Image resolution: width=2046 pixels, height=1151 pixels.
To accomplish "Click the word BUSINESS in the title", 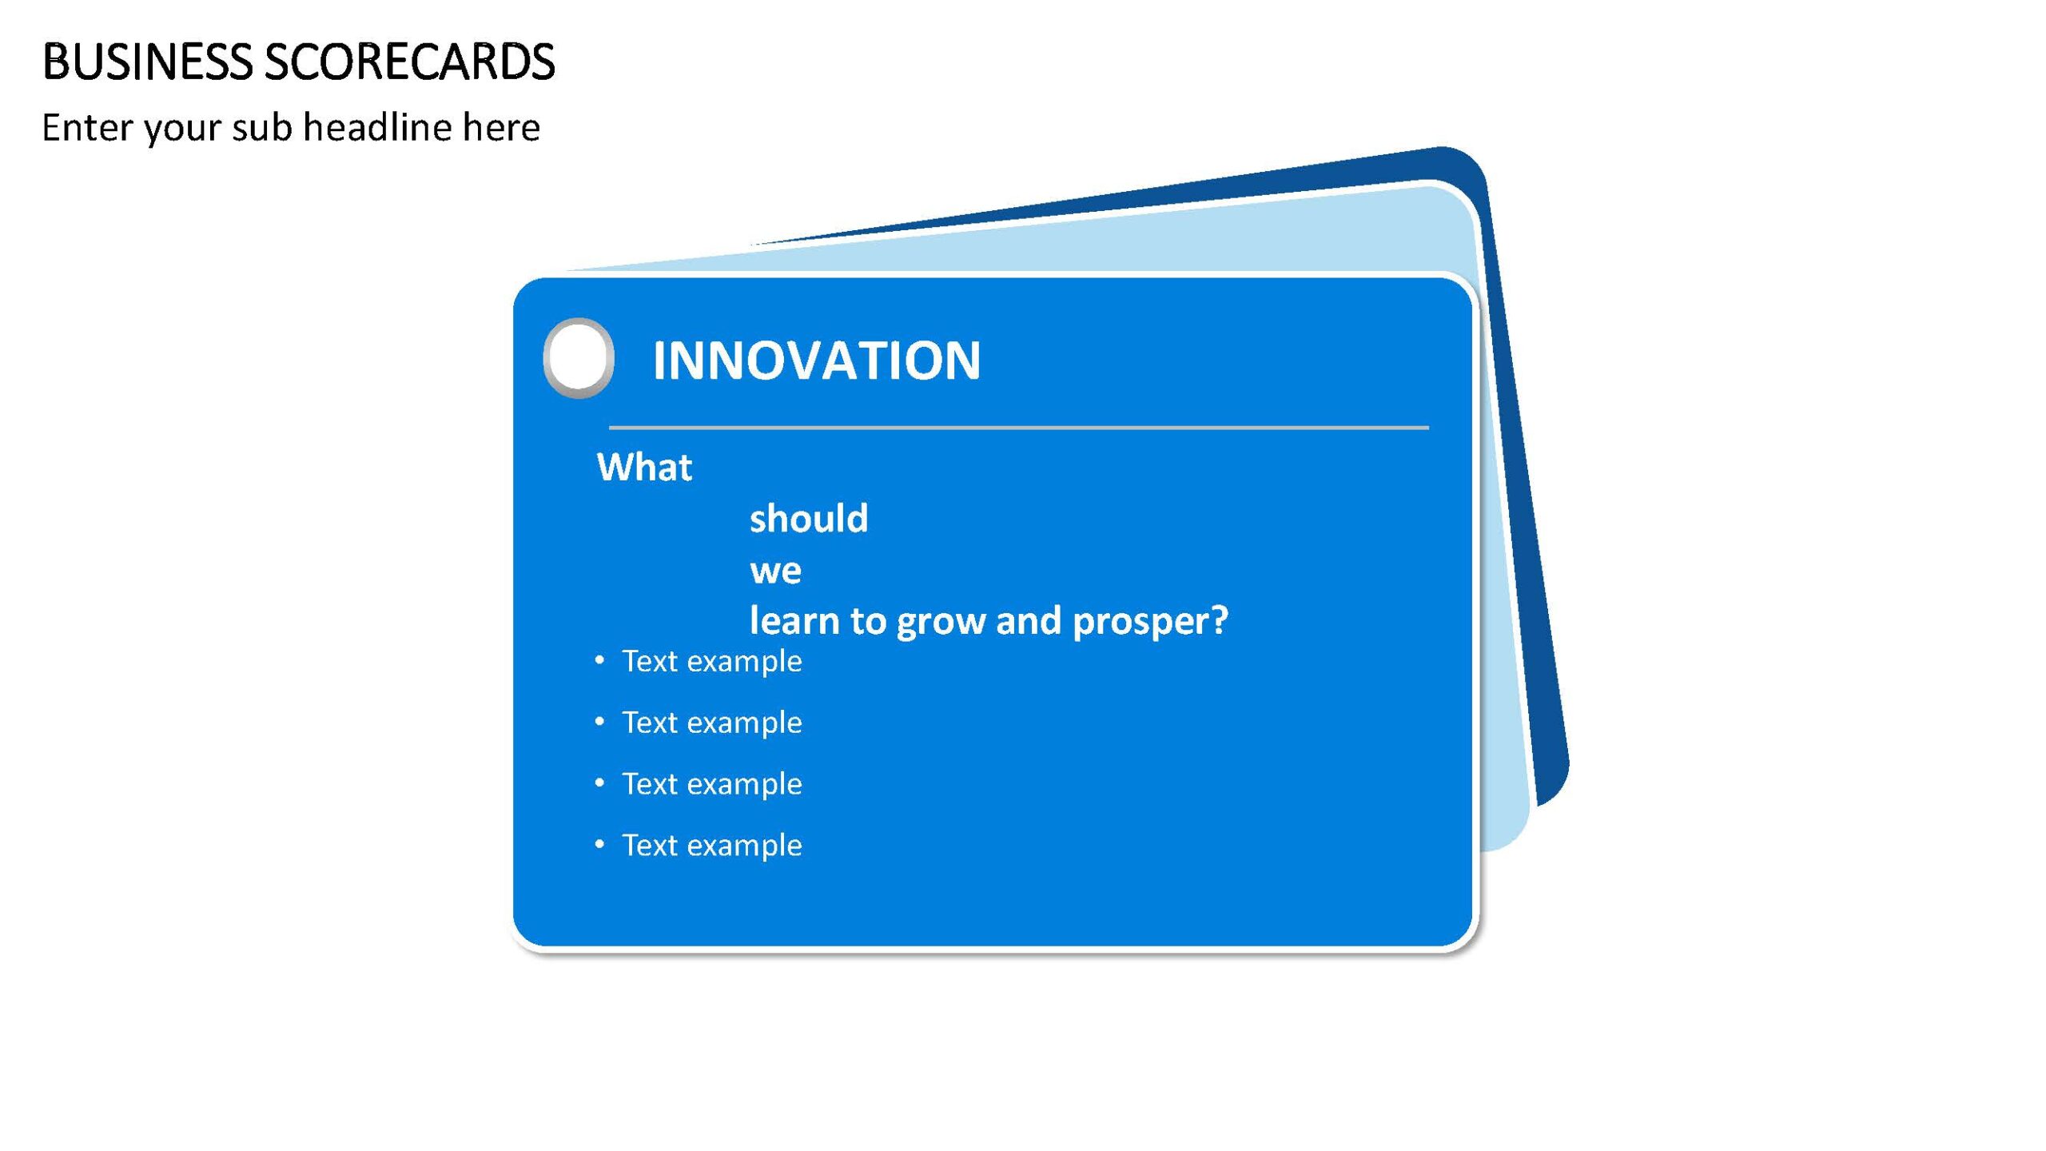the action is coord(147,62).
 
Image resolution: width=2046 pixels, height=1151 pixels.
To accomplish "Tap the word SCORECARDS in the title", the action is coord(409,62).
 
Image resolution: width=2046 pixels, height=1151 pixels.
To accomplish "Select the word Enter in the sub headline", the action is coord(87,127).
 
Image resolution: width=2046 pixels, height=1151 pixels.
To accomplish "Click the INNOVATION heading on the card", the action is coord(816,360).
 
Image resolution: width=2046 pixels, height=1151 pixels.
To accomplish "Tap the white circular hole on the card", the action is coord(579,357).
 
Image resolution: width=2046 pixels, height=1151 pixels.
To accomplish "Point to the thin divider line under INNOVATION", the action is coord(1019,428).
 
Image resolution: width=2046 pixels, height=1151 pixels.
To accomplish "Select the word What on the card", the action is coord(644,467).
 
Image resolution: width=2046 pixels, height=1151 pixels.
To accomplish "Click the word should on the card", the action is coord(809,518).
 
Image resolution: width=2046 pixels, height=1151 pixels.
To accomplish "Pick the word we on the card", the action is coord(775,571).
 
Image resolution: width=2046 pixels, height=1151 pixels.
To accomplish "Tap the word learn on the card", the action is coord(794,620).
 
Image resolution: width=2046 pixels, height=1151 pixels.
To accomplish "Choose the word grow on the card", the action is coord(941,622).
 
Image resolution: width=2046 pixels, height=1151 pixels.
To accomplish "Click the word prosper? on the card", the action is coord(1150,622).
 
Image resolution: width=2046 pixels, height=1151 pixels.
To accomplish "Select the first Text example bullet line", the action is coord(699,662).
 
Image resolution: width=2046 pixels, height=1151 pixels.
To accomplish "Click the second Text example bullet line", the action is coord(699,723).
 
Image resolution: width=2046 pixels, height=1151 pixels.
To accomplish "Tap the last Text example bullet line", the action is coord(699,846).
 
